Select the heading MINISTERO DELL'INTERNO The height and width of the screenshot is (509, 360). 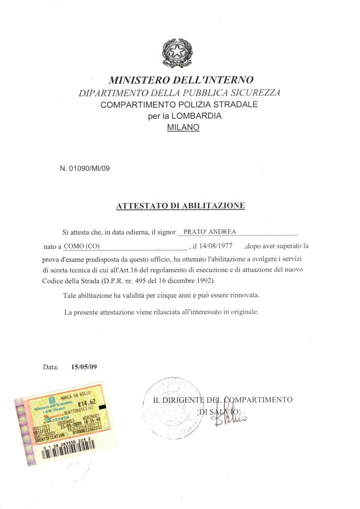(x=181, y=80)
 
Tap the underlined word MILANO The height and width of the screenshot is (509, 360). (x=183, y=127)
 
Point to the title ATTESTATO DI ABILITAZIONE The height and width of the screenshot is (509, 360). (x=180, y=205)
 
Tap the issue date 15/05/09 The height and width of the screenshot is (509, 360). (x=84, y=367)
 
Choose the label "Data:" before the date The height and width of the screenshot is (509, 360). (x=51, y=367)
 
